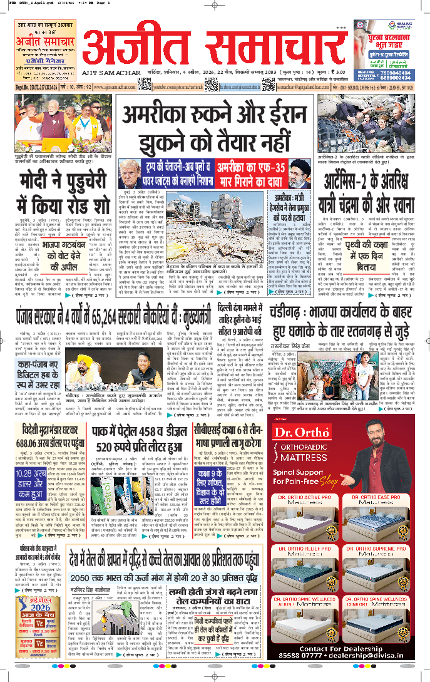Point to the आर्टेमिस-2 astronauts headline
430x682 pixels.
(365, 189)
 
